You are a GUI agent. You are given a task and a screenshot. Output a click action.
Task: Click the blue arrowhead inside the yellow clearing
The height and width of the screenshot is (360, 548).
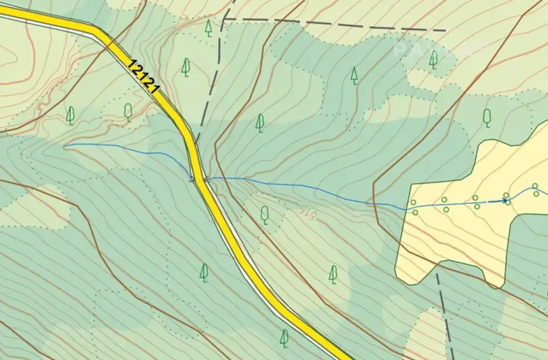[505, 201]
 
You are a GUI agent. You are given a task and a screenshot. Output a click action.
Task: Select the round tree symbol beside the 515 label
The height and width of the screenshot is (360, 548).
[265, 213]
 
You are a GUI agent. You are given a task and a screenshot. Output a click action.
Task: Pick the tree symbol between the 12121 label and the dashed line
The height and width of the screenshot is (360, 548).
[185, 67]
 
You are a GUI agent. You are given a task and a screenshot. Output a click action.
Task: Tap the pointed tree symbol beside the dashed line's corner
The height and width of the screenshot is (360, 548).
[208, 28]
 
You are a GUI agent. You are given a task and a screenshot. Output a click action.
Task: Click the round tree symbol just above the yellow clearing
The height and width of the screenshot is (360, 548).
[487, 116]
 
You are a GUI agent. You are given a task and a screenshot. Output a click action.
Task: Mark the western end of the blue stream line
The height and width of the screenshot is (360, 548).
[65, 145]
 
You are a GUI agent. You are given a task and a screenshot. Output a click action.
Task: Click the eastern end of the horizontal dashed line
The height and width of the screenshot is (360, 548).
[446, 30]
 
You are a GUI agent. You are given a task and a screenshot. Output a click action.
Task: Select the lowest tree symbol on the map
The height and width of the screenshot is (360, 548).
[284, 337]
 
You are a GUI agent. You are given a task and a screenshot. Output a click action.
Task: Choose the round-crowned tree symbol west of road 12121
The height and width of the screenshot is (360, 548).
[128, 112]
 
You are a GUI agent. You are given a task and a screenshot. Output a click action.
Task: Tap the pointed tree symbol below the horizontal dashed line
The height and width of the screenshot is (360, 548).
[354, 75]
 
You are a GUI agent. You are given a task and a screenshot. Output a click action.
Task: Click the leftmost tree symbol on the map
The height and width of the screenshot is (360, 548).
[71, 115]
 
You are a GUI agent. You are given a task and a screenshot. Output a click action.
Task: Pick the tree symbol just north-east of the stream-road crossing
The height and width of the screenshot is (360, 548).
[260, 122]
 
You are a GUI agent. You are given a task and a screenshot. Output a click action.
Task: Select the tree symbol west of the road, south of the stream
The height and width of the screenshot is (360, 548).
[204, 272]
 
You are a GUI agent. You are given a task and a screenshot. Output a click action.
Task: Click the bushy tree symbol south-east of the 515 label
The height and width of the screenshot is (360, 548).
[333, 273]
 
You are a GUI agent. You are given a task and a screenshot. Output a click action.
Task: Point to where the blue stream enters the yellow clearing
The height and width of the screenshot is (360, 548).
[405, 207]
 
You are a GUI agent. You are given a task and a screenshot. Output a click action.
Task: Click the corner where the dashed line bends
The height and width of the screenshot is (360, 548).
[228, 16]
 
